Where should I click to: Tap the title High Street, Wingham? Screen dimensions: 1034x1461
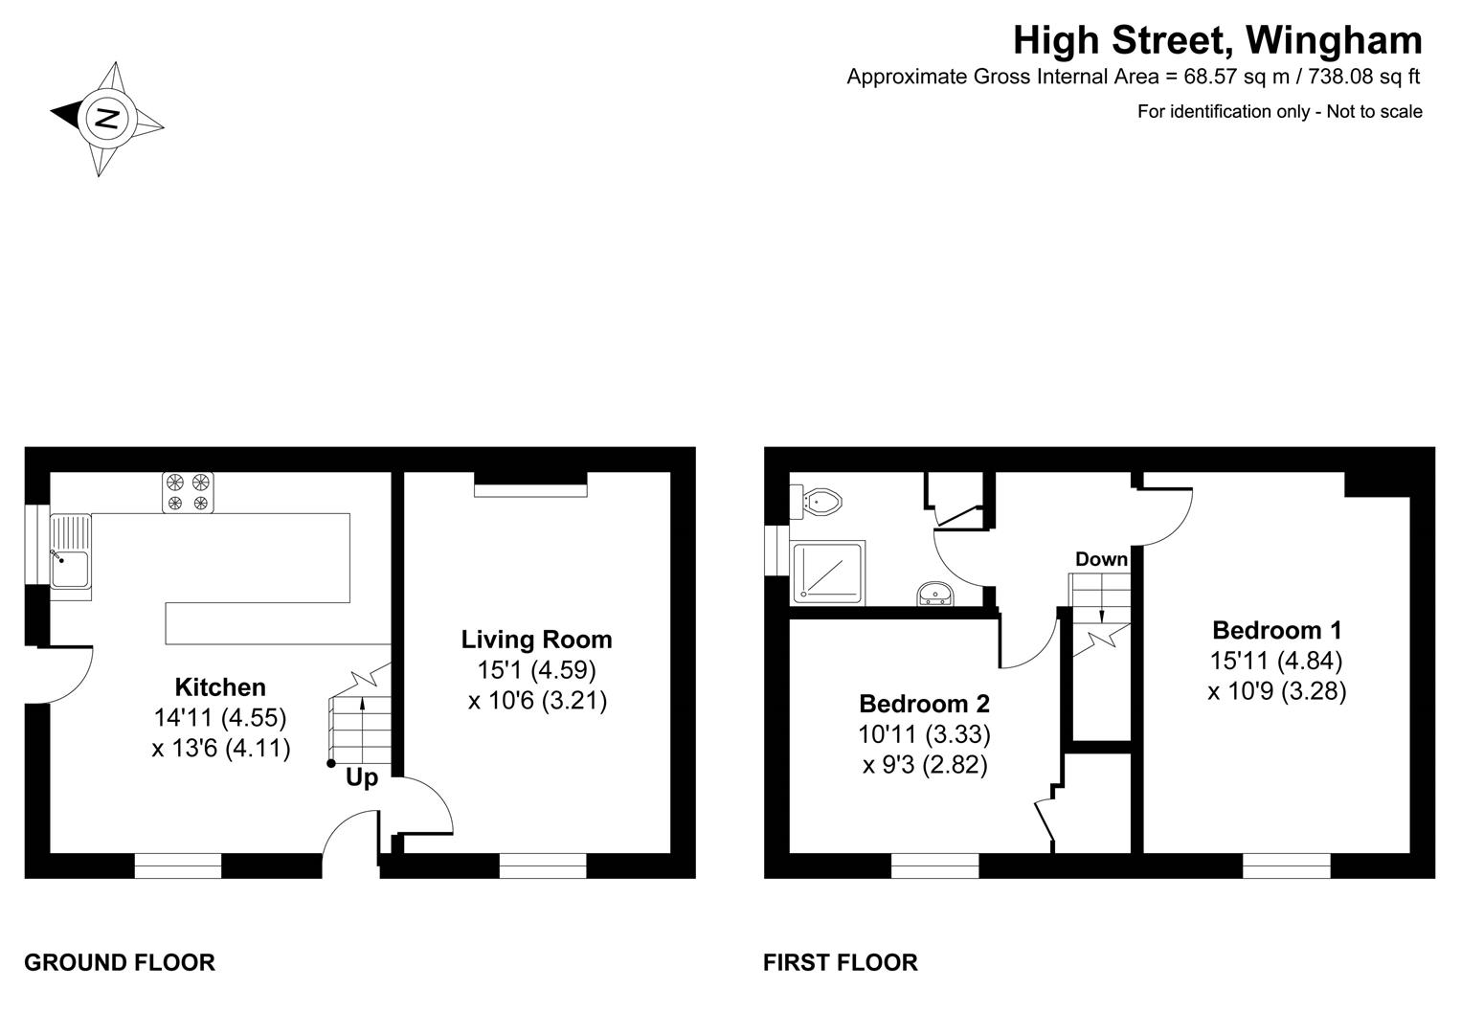tap(1217, 40)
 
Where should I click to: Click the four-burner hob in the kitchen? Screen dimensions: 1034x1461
tap(188, 492)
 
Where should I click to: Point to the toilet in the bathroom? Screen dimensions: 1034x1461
tap(819, 501)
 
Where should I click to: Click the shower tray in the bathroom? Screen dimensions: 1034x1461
tap(828, 573)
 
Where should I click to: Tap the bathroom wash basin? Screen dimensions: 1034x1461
tap(934, 595)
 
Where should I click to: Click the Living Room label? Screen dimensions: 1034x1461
tap(536, 640)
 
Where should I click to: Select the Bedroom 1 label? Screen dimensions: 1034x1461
tap(1276, 630)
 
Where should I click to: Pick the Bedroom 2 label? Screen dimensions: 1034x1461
tap(924, 704)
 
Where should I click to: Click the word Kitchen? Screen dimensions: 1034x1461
tap(220, 686)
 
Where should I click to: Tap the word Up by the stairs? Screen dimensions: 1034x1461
tap(362, 778)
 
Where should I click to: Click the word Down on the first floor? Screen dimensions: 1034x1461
tap(1101, 559)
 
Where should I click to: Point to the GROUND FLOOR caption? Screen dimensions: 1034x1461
tap(120, 962)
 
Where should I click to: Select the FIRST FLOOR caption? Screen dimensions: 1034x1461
tap(840, 962)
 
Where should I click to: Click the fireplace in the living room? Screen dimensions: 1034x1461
tap(530, 485)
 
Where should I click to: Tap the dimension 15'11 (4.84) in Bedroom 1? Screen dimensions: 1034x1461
tap(1276, 661)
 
